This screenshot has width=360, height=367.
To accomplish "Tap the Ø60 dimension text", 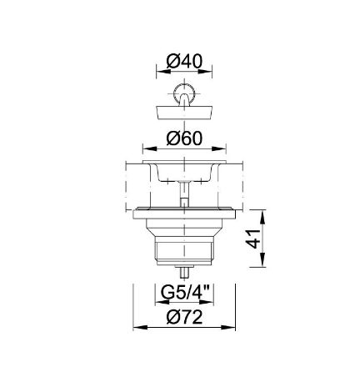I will (x=185, y=138).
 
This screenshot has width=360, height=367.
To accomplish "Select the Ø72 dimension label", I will (x=185, y=317).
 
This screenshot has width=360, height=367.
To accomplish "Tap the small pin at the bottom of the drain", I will (x=184, y=274).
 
